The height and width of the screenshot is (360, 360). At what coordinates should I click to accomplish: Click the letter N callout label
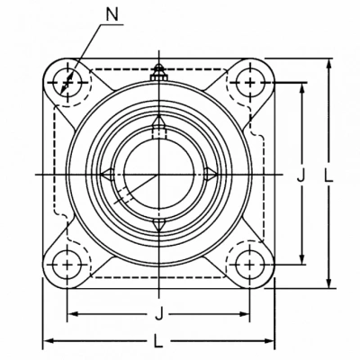(x=112, y=13)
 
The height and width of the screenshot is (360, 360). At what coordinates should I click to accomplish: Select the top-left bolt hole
(x=67, y=83)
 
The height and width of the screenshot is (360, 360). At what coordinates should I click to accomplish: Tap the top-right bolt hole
(x=250, y=83)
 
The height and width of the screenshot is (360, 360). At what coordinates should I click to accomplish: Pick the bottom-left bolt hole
(x=67, y=265)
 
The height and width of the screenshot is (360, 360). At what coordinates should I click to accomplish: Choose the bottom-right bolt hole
(x=250, y=265)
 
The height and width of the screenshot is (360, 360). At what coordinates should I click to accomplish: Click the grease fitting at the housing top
(x=159, y=73)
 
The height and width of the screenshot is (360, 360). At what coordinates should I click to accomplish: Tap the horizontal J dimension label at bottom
(x=159, y=315)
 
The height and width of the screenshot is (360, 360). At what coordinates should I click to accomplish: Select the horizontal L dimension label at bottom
(x=158, y=341)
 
